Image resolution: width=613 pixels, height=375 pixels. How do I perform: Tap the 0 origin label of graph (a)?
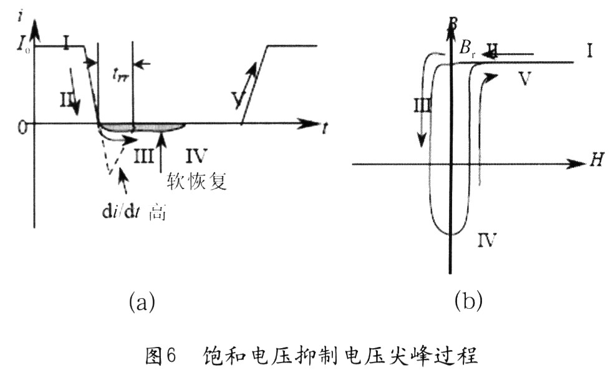tap(23, 127)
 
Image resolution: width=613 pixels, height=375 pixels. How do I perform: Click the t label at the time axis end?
tap(325, 128)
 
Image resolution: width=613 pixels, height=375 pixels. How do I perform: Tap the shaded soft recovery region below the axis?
tap(143, 127)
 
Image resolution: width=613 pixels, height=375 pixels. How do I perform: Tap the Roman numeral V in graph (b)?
tap(524, 80)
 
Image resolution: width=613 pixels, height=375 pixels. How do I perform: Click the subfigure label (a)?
tap(141, 303)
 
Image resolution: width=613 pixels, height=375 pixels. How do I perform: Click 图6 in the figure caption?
tap(161, 358)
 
